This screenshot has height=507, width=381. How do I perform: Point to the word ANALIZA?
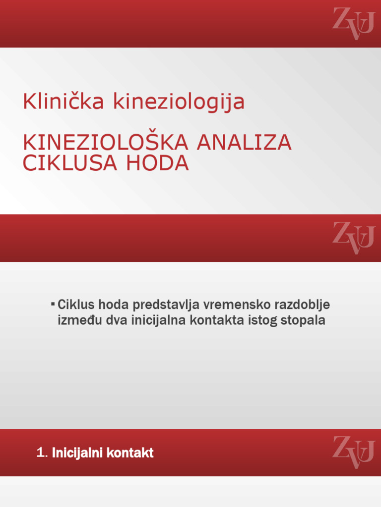pos(244,143)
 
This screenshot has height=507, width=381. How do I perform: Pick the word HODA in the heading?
pos(157,163)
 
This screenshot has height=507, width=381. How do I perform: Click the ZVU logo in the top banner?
pos(353,23)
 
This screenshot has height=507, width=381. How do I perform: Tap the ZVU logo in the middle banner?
pos(353,238)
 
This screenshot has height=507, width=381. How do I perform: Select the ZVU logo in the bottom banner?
pos(353,452)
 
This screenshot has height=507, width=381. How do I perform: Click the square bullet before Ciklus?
pos(52,302)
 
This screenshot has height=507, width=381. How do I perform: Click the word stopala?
pos(303,321)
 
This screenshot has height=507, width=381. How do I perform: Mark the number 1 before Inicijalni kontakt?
pos(40,453)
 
